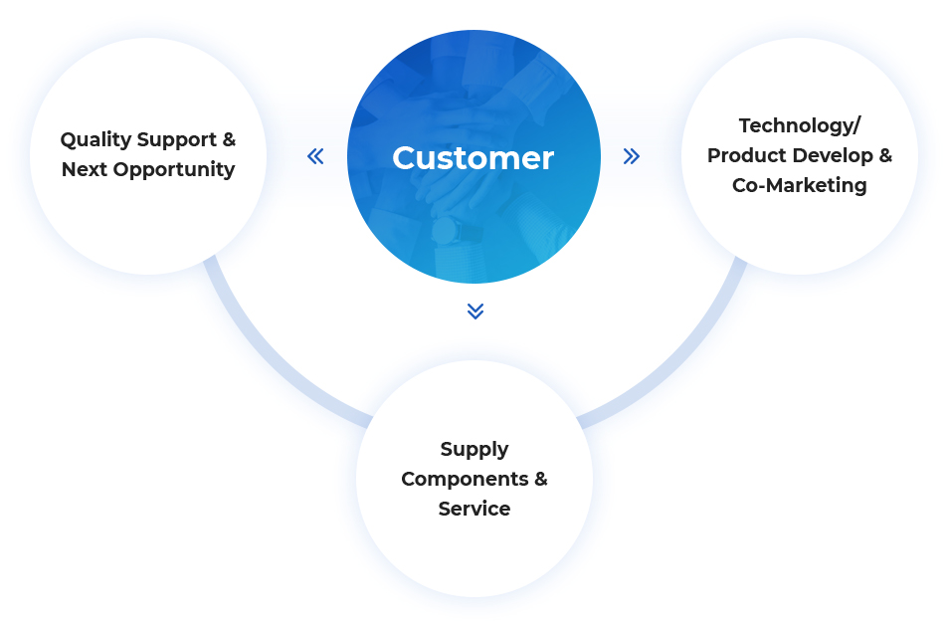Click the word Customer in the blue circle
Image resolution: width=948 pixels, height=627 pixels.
pyautogui.click(x=473, y=158)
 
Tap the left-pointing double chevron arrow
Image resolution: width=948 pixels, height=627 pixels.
pyautogui.click(x=315, y=156)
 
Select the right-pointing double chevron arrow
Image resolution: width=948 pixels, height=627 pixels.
pyautogui.click(x=632, y=156)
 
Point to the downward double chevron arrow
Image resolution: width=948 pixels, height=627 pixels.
pyautogui.click(x=475, y=311)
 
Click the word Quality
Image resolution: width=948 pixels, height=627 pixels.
pyautogui.click(x=96, y=140)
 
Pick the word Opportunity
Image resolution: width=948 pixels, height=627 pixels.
pyautogui.click(x=174, y=170)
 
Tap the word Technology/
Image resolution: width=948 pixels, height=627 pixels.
pyautogui.click(x=799, y=126)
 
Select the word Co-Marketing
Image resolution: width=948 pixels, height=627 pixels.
pyautogui.click(x=799, y=185)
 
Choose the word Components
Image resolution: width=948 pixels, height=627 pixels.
pyautogui.click(x=465, y=480)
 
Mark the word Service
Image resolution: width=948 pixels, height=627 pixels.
pyautogui.click(x=474, y=509)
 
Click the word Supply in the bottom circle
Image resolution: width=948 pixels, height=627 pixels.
pyautogui.click(x=474, y=450)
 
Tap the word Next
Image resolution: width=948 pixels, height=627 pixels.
pyautogui.click(x=84, y=169)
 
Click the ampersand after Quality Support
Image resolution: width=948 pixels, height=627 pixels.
pyautogui.click(x=229, y=139)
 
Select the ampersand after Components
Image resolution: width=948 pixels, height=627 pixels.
pyautogui.click(x=540, y=479)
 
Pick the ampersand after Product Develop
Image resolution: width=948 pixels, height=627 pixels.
pyautogui.click(x=885, y=155)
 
